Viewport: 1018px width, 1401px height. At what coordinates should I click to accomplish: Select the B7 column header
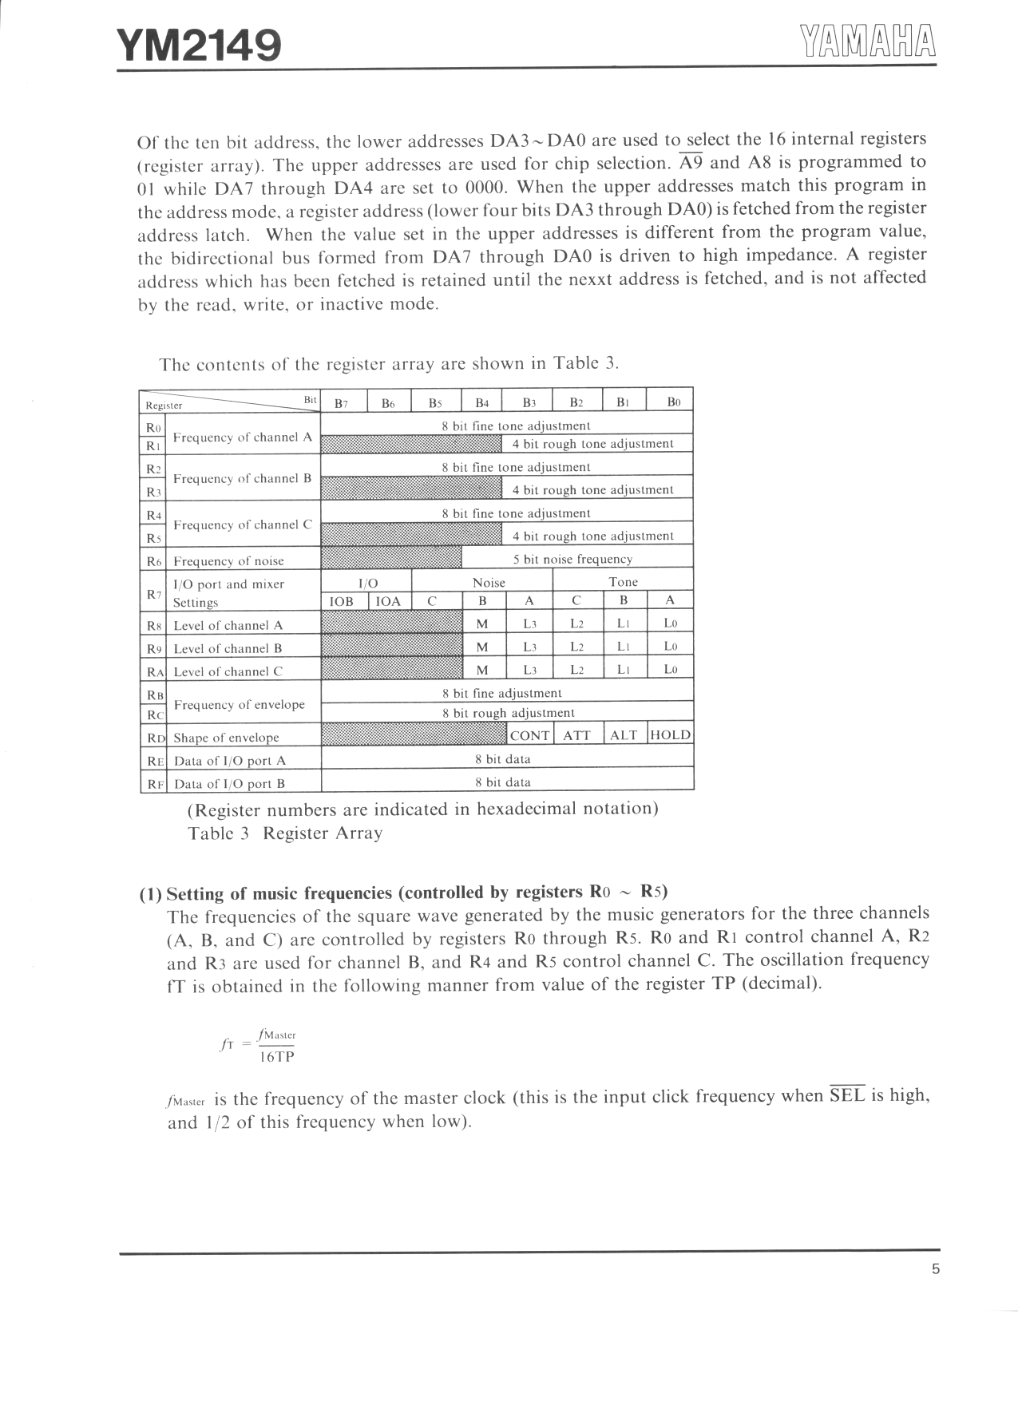341,403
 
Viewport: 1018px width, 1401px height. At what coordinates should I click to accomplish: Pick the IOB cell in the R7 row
342,601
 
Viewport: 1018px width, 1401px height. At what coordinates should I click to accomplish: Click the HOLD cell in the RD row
670,735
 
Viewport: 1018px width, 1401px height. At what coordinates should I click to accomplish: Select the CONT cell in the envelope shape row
529,735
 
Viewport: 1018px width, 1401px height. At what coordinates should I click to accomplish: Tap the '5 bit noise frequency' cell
572,560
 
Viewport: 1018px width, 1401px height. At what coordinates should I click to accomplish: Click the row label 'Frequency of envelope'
240,705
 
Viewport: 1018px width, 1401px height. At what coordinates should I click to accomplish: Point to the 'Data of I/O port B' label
229,784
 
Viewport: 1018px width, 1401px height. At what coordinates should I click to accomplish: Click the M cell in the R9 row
482,647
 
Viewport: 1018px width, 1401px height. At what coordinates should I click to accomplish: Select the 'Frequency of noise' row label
228,561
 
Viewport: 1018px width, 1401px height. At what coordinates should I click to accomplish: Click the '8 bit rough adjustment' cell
509,713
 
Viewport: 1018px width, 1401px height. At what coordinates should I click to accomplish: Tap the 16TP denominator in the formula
277,1058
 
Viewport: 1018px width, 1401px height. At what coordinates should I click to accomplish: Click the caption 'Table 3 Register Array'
285,833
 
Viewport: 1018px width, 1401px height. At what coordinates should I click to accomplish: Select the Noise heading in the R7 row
489,583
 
